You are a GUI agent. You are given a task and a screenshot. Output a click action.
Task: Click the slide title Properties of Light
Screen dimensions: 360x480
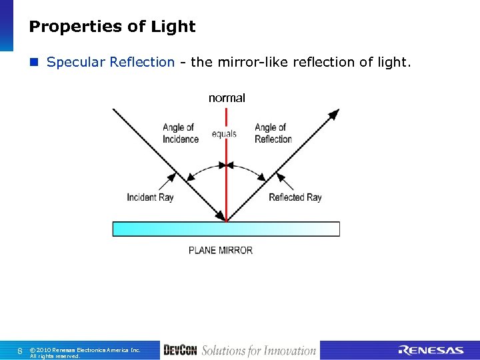[x=112, y=27]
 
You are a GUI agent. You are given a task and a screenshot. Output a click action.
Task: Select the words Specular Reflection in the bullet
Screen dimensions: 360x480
[x=111, y=62]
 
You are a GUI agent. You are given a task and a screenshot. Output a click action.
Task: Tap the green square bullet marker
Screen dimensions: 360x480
[x=35, y=63]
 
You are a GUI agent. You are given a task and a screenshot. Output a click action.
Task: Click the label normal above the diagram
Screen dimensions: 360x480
[x=227, y=98]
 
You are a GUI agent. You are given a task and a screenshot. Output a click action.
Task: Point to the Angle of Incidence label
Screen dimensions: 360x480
[x=180, y=133]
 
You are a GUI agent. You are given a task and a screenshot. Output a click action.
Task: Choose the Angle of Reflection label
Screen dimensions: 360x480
[x=273, y=133]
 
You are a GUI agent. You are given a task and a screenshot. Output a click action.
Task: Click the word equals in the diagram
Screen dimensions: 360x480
[x=224, y=134]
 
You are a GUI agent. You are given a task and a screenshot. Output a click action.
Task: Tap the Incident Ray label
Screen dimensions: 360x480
[x=150, y=197]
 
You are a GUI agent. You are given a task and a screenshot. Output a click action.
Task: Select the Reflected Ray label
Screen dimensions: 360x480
[x=295, y=197]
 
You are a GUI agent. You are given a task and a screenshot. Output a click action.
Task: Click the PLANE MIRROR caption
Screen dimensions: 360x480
[x=221, y=251]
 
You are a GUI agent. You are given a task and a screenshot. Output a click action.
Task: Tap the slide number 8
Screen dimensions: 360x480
[x=20, y=351]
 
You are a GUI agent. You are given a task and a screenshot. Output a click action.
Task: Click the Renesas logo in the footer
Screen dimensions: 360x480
[x=431, y=351]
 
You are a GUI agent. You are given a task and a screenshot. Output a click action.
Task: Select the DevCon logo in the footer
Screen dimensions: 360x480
[x=179, y=351]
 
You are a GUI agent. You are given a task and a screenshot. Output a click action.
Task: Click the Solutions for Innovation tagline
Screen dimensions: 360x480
[x=259, y=351]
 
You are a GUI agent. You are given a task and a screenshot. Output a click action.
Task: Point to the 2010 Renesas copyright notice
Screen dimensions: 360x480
[x=85, y=351]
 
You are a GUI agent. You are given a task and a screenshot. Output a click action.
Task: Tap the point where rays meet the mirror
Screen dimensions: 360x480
[x=227, y=221]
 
